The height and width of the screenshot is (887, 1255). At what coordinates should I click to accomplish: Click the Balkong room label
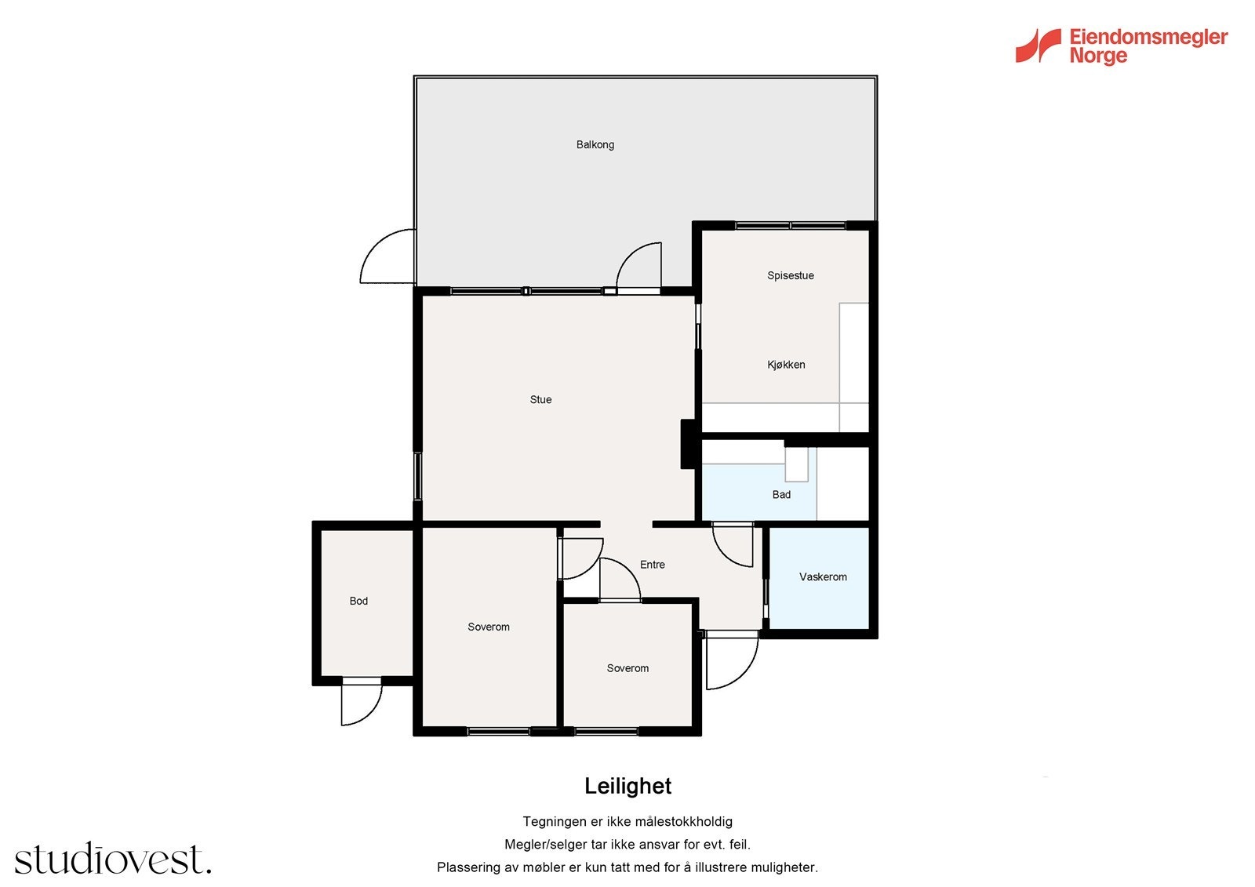click(595, 144)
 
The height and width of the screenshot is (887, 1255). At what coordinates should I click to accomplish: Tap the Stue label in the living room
click(540, 399)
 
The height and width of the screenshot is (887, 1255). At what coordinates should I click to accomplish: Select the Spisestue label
click(791, 276)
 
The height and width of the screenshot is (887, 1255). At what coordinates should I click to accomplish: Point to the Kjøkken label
click(786, 365)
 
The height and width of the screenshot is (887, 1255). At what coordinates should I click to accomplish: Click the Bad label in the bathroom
click(781, 495)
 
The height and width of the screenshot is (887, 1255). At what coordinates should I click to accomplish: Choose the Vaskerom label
click(823, 577)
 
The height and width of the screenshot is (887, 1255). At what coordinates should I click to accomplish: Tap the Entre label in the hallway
click(653, 565)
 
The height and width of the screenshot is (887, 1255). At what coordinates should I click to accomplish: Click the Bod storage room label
click(358, 602)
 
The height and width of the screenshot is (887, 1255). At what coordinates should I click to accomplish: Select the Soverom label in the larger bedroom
click(489, 627)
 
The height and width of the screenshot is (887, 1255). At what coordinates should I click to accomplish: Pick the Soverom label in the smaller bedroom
click(627, 668)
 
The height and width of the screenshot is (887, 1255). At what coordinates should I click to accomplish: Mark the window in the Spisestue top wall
click(790, 226)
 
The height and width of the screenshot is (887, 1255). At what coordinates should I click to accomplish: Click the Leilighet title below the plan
click(627, 786)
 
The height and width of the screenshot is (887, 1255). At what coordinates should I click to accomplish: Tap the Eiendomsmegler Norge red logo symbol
click(1038, 45)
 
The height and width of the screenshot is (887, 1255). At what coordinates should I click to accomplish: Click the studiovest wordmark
click(113, 858)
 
